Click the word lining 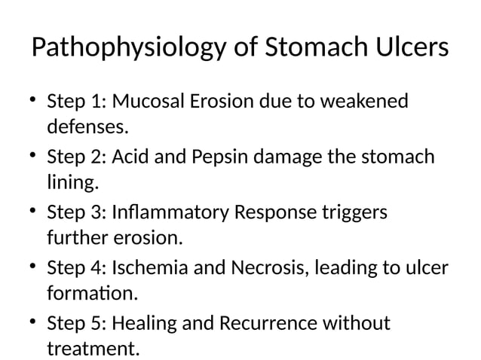73,183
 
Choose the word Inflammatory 172,213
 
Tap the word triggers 352,213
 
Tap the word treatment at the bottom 93,349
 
